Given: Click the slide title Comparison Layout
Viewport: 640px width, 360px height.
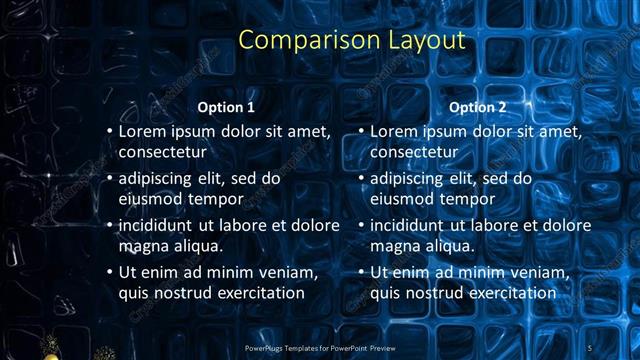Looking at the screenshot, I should [x=353, y=41].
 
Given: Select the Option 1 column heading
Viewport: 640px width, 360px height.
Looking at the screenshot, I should [x=226, y=107].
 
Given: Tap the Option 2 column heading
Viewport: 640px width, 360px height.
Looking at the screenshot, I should [x=478, y=107].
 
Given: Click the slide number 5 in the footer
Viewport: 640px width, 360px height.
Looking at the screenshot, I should [x=591, y=347].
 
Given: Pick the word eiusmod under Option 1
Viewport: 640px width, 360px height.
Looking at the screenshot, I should [x=151, y=198].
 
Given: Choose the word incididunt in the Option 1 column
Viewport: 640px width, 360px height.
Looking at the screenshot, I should [x=158, y=225].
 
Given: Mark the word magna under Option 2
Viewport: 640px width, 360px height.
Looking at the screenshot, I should [x=395, y=246].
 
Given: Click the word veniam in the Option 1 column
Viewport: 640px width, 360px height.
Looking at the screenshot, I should [x=286, y=273].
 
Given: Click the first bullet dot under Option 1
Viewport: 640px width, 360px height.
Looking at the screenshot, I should [x=109, y=132].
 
